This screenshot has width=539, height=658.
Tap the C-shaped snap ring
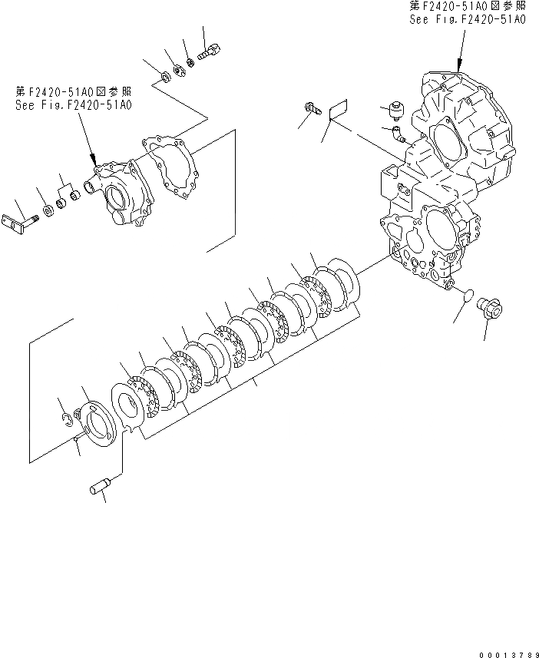tap(67, 417)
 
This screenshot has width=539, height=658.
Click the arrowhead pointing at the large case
tap(458, 65)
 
